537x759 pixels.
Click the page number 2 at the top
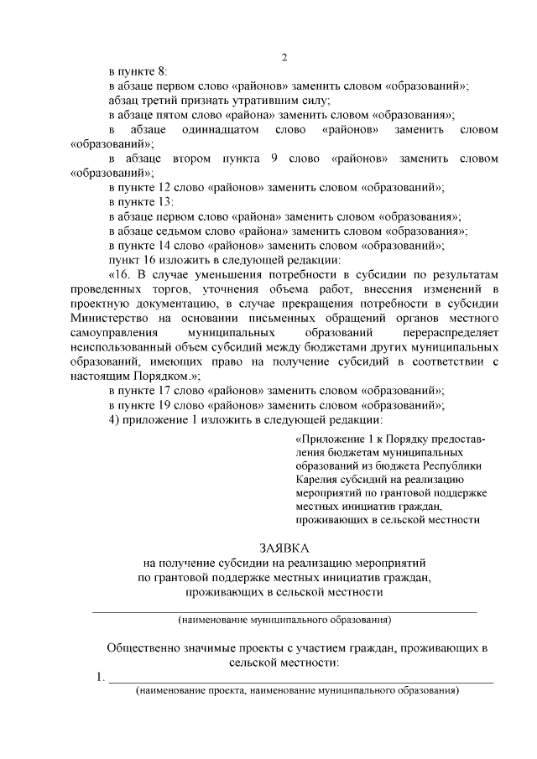pyautogui.click(x=284, y=58)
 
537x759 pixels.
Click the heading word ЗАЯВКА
pyautogui.click(x=284, y=547)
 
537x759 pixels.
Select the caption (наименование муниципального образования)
pyautogui.click(x=284, y=621)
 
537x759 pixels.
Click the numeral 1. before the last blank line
pyautogui.click(x=100, y=677)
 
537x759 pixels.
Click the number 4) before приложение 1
pyautogui.click(x=114, y=419)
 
